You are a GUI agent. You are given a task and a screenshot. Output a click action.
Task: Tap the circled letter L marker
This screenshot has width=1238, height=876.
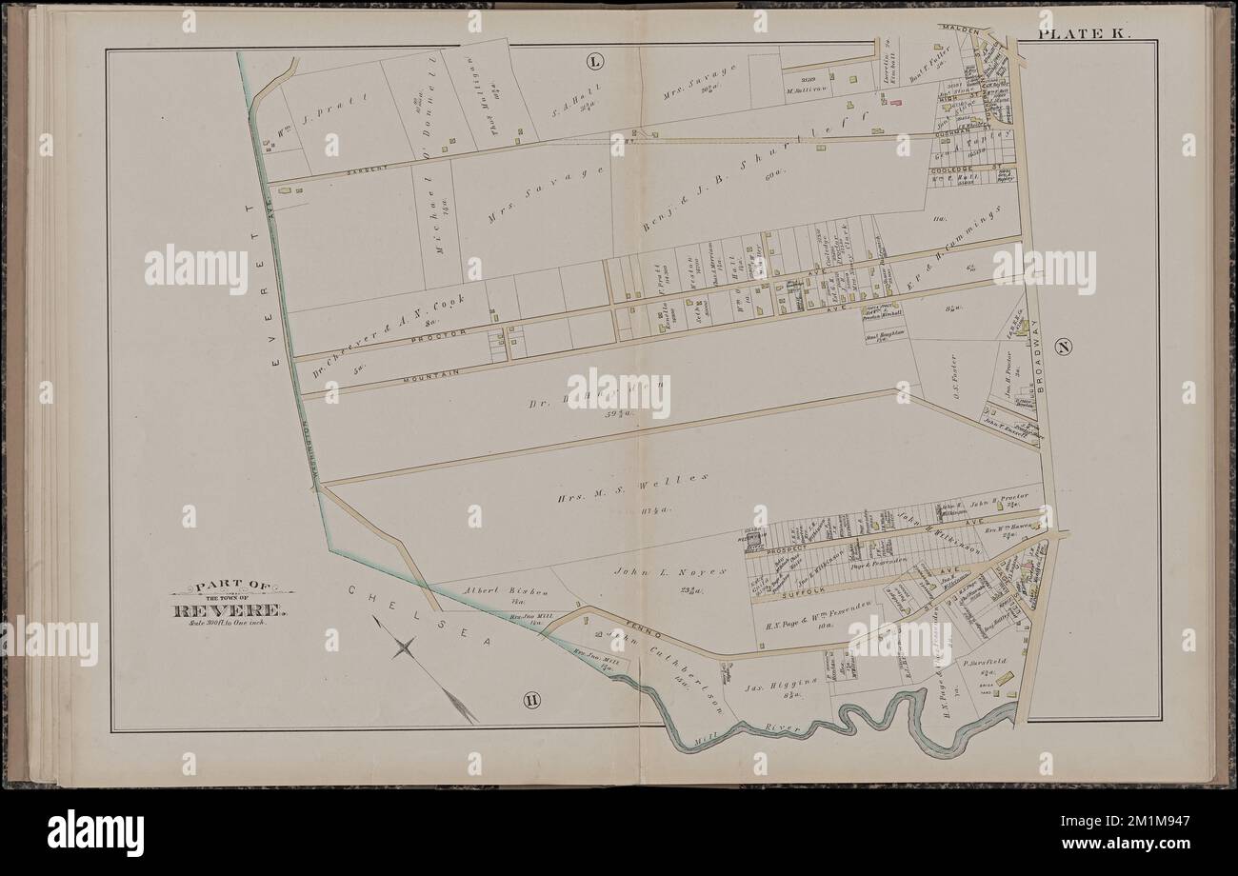(x=594, y=63)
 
